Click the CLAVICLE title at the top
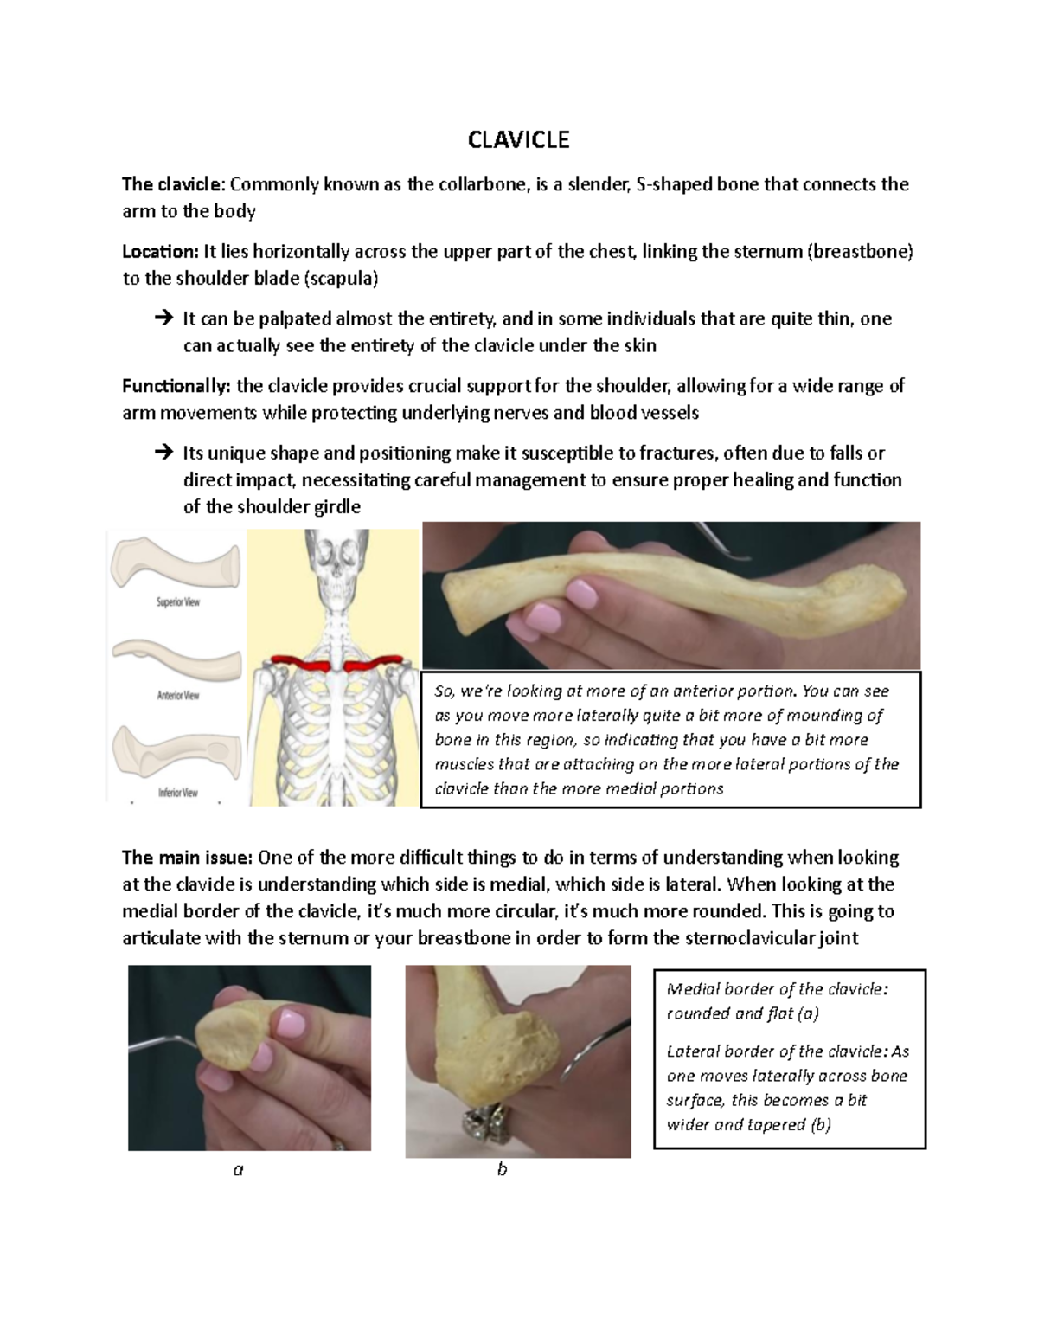click(x=518, y=140)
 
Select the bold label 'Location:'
click(x=160, y=252)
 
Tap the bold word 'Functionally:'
click(x=176, y=386)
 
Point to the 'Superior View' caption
click(x=177, y=601)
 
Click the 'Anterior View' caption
click(x=177, y=695)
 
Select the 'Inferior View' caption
click(x=177, y=792)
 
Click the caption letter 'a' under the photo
click(x=239, y=1170)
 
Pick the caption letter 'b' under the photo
click(x=502, y=1170)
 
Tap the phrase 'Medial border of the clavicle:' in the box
click(x=777, y=989)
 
